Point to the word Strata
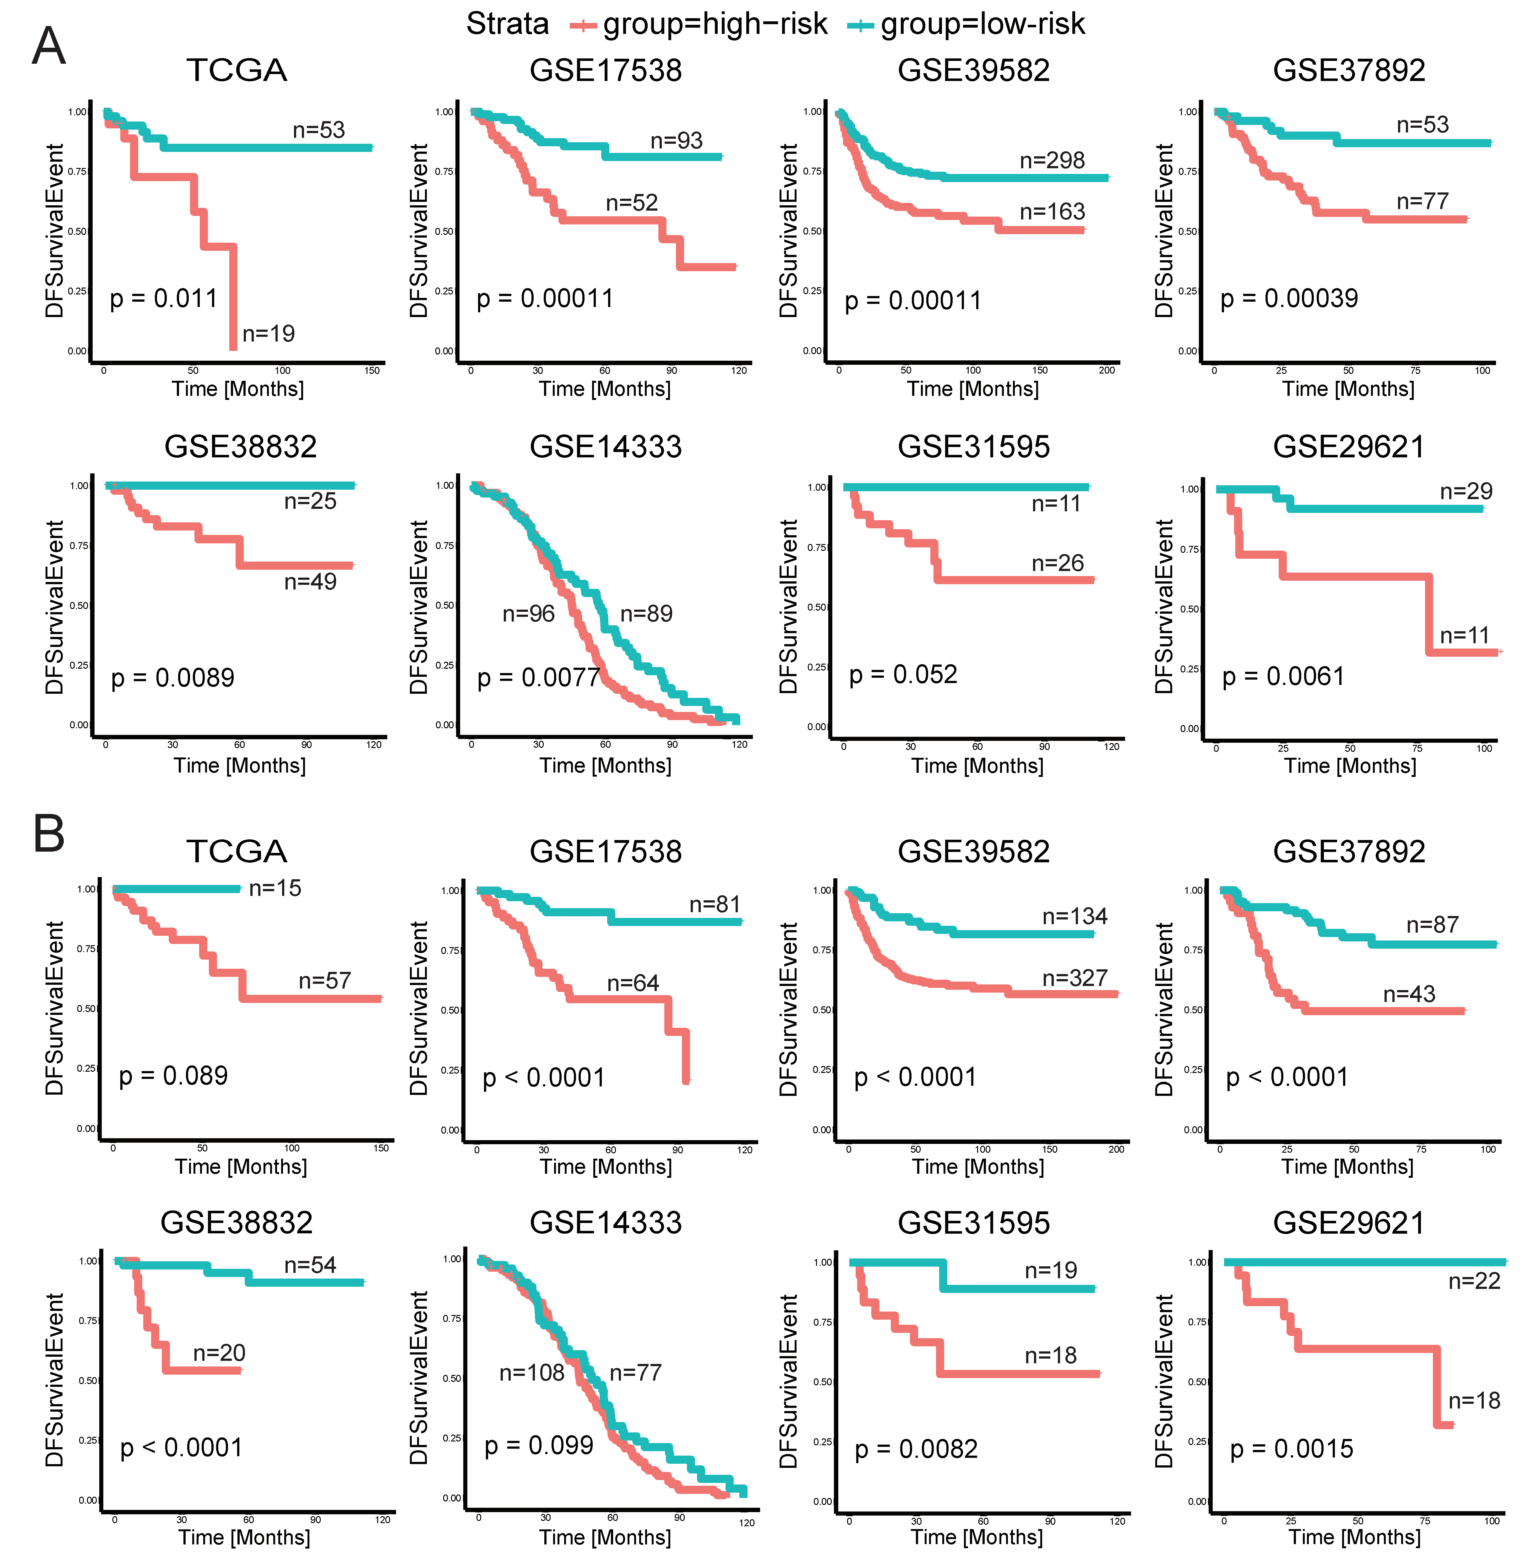click(508, 24)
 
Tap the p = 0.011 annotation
click(164, 299)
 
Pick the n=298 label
click(1052, 160)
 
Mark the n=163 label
click(1052, 212)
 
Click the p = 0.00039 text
click(1289, 299)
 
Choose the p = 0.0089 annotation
click(173, 678)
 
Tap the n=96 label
click(528, 614)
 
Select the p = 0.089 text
click(173, 1075)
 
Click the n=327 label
click(1075, 978)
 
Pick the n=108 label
click(532, 1373)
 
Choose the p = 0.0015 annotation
click(1291, 1449)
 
